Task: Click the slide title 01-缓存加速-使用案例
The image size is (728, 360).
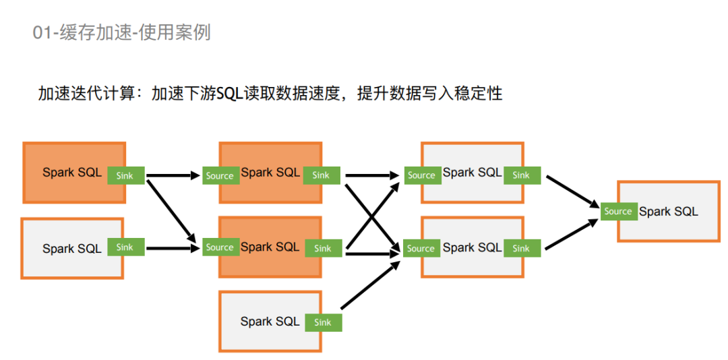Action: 122,32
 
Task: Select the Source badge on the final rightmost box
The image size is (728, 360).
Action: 618,212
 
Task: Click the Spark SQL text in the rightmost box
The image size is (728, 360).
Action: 669,212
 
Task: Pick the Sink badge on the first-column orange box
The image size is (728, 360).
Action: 125,175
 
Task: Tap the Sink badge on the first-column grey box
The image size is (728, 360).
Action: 125,247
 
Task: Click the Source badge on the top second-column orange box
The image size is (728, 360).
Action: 220,176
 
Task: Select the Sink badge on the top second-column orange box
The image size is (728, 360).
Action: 322,175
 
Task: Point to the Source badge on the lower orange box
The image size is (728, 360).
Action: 220,247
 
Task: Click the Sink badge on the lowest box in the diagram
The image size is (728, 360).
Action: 323,322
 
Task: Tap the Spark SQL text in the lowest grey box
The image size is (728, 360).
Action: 270,322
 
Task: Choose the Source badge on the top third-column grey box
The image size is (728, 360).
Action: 421,175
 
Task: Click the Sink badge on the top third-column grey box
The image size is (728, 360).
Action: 521,175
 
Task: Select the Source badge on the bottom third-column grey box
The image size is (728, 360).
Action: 421,248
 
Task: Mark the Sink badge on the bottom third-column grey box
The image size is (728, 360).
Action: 521,248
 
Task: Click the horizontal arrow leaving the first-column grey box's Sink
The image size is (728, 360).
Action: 172,248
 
